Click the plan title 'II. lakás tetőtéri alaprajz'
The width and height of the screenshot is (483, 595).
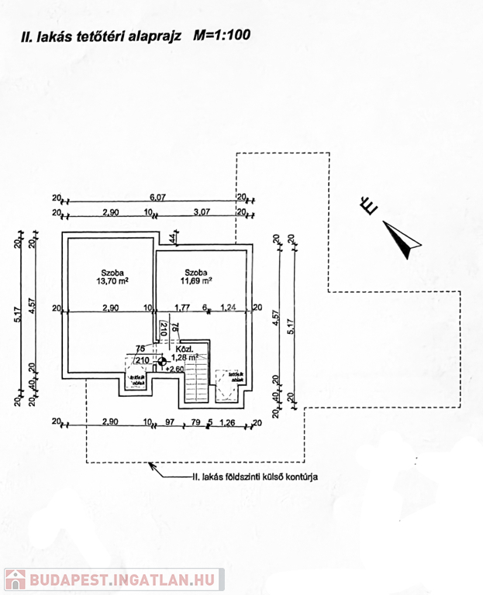tap(102, 35)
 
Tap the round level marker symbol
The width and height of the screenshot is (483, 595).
tap(161, 360)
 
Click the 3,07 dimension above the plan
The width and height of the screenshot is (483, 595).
tap(202, 211)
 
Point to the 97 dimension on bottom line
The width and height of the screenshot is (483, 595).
tap(171, 422)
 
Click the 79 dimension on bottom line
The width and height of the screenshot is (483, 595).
tap(196, 422)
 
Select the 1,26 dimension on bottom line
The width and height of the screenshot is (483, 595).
tap(228, 422)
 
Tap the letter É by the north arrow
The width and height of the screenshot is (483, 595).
tap(368, 205)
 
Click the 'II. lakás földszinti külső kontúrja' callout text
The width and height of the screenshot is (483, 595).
tap(254, 477)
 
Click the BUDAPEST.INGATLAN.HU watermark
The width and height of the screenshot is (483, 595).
tap(114, 580)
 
